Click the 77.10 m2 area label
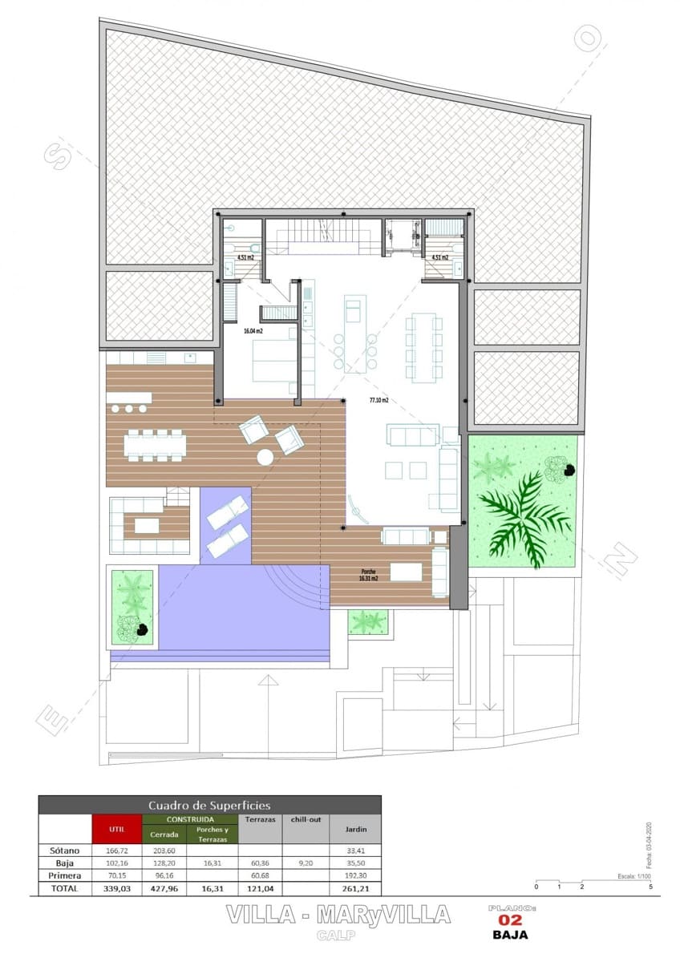378,399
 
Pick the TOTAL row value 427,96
164,889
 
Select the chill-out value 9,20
306,863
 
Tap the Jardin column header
355,830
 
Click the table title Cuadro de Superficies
209,805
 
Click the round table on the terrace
265,457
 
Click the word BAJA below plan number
510,934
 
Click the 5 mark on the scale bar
650,887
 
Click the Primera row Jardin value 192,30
355,876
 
